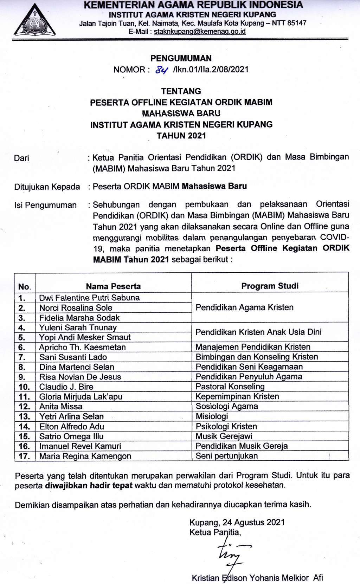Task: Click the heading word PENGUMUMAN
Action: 181,58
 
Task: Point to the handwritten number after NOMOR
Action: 161,70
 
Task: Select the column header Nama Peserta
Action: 113,286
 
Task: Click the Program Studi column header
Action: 270,286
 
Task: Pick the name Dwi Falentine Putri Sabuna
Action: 89,298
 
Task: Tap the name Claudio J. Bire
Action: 66,387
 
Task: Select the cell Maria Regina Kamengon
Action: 85,456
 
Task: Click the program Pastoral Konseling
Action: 230,387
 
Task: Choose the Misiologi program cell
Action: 212,416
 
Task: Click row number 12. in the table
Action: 25,407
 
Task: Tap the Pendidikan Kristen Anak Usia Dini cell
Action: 258,332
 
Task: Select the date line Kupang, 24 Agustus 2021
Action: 237,522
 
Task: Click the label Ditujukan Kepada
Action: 47,187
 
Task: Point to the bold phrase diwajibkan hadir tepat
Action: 89,485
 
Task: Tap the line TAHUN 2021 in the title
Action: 181,136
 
